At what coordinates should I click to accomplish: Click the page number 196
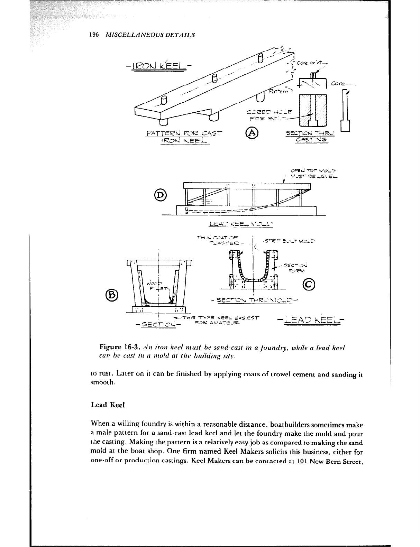point(94,35)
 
